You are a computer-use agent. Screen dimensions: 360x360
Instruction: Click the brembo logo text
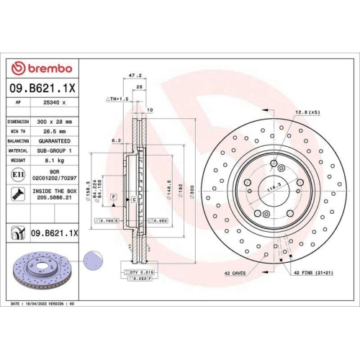click(x=44, y=68)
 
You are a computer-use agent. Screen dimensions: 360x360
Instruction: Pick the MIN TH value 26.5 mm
click(x=49, y=132)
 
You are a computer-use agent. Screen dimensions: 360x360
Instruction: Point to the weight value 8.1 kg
click(x=49, y=161)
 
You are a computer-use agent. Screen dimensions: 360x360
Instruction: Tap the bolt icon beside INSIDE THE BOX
click(x=17, y=193)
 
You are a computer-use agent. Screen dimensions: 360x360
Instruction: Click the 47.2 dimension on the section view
click(x=133, y=74)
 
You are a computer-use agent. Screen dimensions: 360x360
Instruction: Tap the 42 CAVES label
click(x=235, y=274)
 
